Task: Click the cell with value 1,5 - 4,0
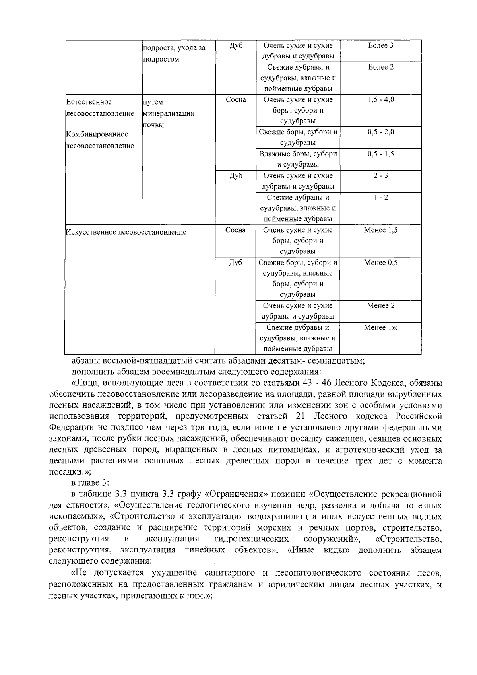pyautogui.click(x=380, y=100)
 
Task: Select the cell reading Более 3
pyautogui.click(x=380, y=45)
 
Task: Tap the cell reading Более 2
pyautogui.click(x=380, y=67)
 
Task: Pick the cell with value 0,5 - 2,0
pyautogui.click(x=380, y=132)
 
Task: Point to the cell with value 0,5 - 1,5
pyautogui.click(x=380, y=154)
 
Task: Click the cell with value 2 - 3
pyautogui.click(x=380, y=176)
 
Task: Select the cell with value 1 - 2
pyautogui.click(x=380, y=198)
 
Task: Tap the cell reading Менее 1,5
pyautogui.click(x=380, y=230)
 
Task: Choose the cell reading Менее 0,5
pyautogui.click(x=380, y=263)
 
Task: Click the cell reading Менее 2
pyautogui.click(x=380, y=306)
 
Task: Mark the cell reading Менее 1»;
pyautogui.click(x=380, y=328)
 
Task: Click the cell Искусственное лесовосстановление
pyautogui.click(x=126, y=232)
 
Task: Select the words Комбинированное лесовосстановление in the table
pyautogui.click(x=100, y=140)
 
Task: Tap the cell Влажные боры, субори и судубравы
pyautogui.click(x=298, y=159)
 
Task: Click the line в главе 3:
pyautogui.click(x=87, y=482)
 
